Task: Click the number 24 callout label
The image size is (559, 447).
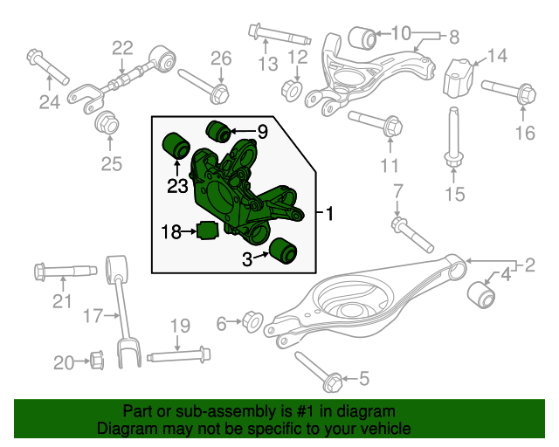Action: tap(52, 102)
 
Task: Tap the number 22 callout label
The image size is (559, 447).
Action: tap(122, 48)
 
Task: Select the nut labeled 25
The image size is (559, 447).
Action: tap(107, 123)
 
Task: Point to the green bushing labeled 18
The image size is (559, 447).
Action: tap(207, 232)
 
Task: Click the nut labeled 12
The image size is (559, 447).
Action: tap(293, 89)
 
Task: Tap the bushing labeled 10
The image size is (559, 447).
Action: tap(361, 38)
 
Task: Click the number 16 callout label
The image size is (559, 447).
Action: tap(524, 133)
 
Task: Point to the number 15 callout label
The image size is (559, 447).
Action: tap(455, 193)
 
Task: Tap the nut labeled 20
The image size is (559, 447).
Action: tap(97, 358)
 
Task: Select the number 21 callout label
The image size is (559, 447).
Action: tap(61, 302)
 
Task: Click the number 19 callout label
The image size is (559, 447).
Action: tap(179, 327)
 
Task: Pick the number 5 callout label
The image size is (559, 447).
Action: tap(364, 379)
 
